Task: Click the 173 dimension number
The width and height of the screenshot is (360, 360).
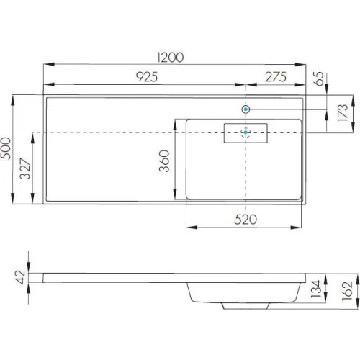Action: (x=343, y=112)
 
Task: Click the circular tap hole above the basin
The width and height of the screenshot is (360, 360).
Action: (x=246, y=109)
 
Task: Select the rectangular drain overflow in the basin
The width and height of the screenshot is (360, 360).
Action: (x=246, y=132)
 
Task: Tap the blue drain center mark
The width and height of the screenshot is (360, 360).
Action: (x=246, y=132)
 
